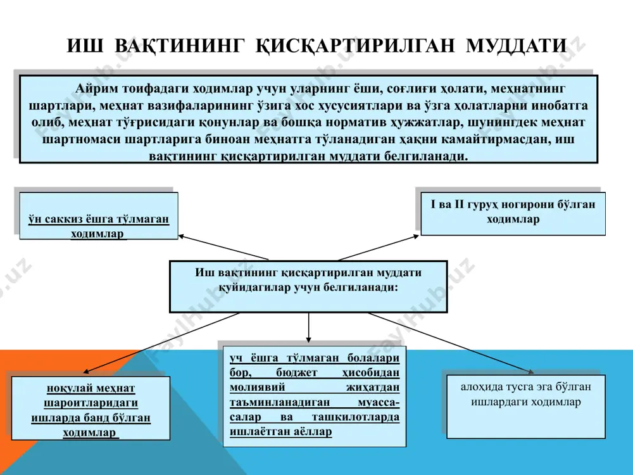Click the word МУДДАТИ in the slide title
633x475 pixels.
click(x=517, y=46)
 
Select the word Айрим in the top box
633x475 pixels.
click(x=93, y=89)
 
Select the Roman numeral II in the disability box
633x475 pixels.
click(x=459, y=204)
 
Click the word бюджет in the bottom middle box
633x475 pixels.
click(x=297, y=372)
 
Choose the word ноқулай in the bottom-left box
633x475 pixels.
click(x=66, y=389)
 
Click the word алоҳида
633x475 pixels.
click(x=481, y=387)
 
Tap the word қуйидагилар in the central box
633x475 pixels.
click(x=254, y=288)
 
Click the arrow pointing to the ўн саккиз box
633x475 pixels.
click(x=223, y=247)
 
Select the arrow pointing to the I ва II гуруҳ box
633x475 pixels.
click(x=379, y=248)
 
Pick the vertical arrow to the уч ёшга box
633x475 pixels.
click(x=309, y=327)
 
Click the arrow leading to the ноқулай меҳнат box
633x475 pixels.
click(x=161, y=343)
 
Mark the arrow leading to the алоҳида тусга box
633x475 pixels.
click(x=451, y=343)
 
